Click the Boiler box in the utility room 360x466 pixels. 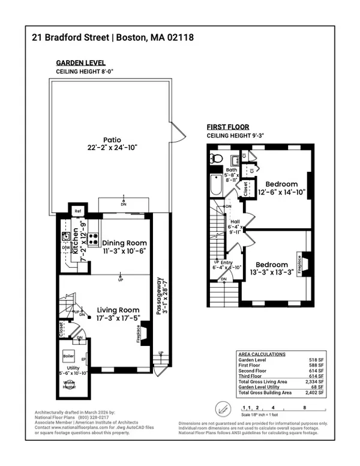point(69,356)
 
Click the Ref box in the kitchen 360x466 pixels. point(78,211)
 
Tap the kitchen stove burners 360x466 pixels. point(94,238)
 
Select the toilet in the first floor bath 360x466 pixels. point(217,160)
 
